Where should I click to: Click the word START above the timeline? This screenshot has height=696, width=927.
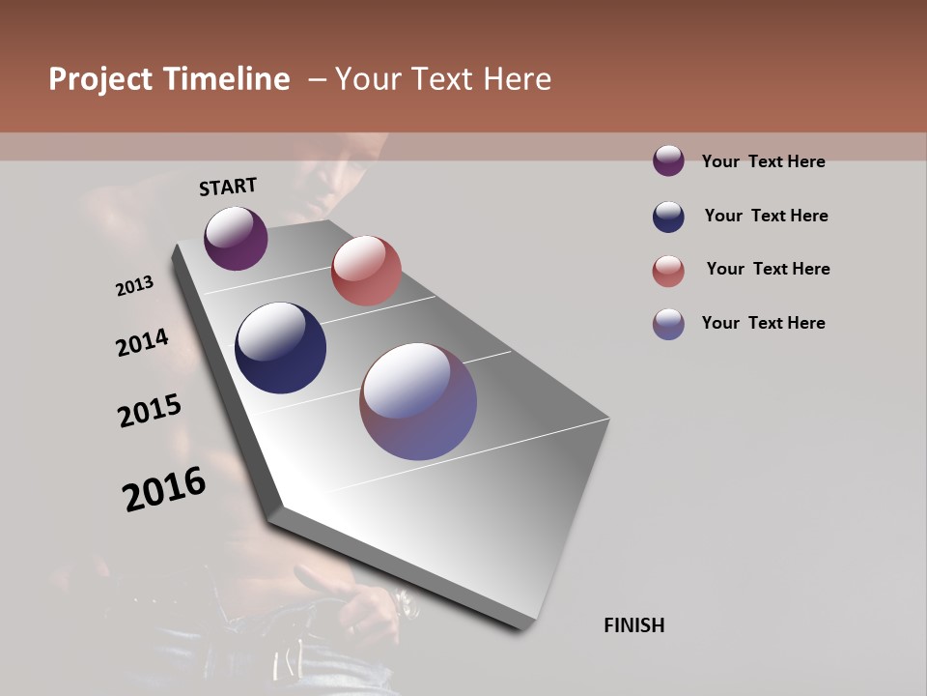point(228,187)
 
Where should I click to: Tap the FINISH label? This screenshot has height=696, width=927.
point(633,625)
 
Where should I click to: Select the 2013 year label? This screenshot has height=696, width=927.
point(135,286)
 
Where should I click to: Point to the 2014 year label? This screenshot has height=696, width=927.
point(143,342)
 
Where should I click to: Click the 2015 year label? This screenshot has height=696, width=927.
point(150,411)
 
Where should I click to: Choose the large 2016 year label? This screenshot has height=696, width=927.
point(164,489)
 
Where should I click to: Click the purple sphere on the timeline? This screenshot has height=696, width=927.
point(236,238)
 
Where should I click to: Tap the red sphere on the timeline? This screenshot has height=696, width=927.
point(366,271)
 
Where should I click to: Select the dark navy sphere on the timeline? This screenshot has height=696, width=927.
point(281,348)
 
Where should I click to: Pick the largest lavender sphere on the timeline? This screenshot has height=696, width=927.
point(418,401)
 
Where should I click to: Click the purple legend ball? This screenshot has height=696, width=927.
point(668,160)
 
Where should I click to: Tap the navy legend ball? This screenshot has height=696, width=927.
point(668,217)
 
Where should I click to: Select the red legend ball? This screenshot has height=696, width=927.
point(668,271)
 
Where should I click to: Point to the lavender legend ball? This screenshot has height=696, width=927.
point(668,324)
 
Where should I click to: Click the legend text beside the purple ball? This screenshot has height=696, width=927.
point(763,161)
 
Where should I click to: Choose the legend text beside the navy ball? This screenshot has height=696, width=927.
point(766,216)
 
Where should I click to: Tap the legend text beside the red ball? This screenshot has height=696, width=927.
point(768,269)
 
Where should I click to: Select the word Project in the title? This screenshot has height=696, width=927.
point(100,79)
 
